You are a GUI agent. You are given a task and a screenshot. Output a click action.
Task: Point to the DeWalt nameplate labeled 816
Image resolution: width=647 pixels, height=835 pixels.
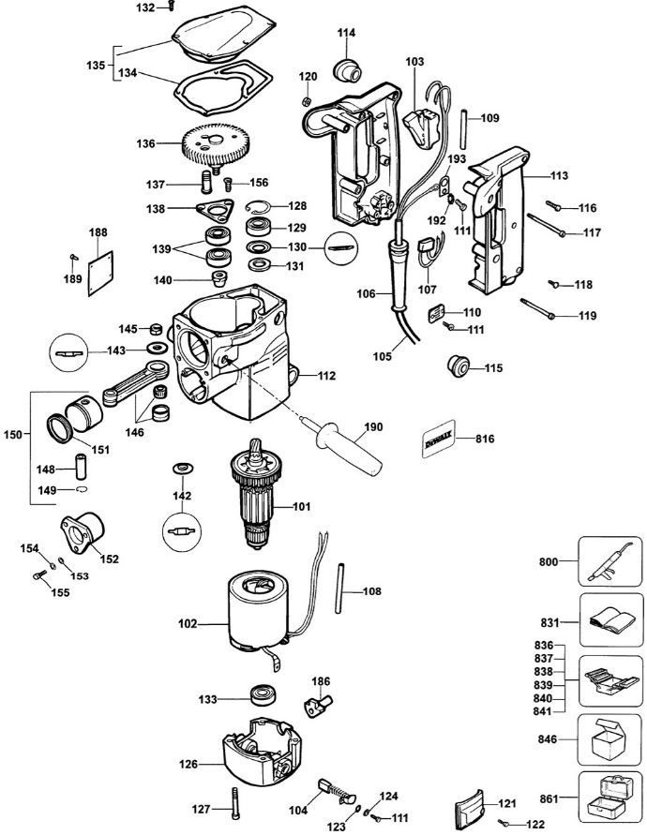[x=443, y=438]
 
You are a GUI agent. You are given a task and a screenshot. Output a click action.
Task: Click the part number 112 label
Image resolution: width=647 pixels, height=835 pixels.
[x=325, y=376]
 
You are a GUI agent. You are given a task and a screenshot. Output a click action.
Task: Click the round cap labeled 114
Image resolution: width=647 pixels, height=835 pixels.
[x=348, y=67]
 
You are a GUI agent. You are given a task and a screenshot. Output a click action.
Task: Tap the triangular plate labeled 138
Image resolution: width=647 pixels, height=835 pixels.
[x=215, y=208]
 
